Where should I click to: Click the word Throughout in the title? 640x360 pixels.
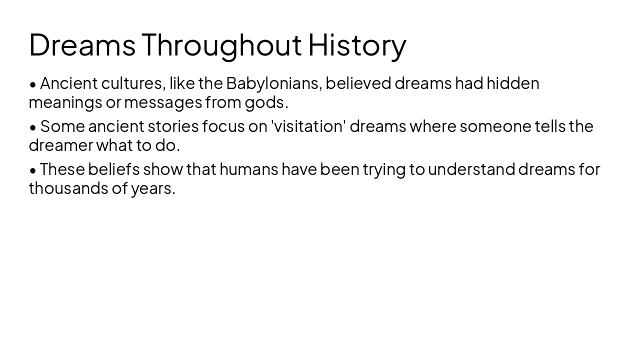point(221,45)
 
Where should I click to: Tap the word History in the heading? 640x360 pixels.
point(357,45)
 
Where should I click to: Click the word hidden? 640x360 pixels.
point(513,83)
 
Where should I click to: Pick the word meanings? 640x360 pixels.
point(65,102)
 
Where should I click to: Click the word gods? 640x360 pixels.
point(265,102)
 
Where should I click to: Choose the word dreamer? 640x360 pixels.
point(61,145)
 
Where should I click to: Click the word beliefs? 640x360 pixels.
point(114,169)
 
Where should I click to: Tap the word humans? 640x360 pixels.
point(248,169)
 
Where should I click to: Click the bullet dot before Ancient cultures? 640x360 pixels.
point(33,84)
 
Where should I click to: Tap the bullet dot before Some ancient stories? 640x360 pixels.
point(33,127)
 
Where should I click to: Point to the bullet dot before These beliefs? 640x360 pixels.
point(33,170)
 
